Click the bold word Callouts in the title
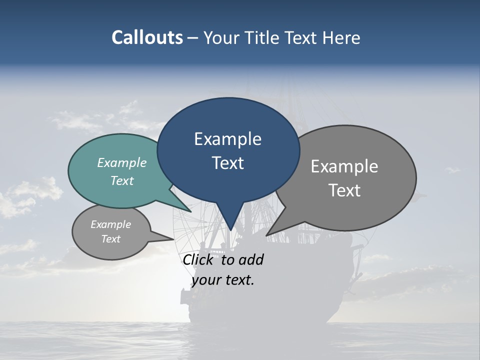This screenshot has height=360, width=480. [x=147, y=37]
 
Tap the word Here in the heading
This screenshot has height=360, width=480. [x=341, y=37]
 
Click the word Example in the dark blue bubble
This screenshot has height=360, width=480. [x=228, y=139]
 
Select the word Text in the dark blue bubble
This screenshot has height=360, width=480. [x=228, y=163]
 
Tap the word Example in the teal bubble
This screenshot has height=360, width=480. [x=122, y=162]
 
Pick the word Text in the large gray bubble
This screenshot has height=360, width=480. [x=344, y=190]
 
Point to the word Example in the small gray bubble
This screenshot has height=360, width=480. [x=111, y=224]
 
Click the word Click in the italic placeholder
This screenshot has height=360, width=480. [x=199, y=259]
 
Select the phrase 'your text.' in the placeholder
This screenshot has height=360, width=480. [x=223, y=280]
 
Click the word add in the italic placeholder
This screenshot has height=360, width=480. [x=250, y=259]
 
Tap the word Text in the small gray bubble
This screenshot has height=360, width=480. [x=111, y=239]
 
